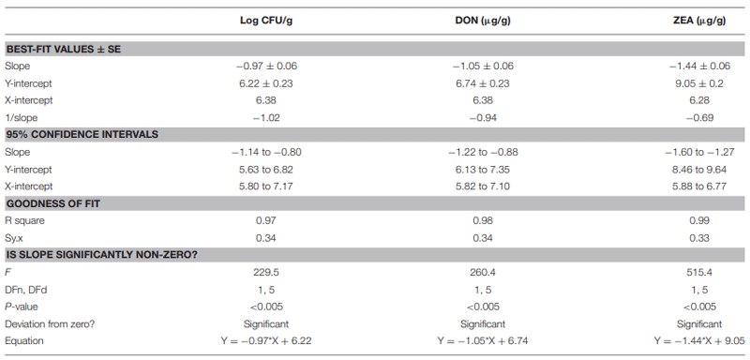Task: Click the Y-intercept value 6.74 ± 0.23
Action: tap(483, 83)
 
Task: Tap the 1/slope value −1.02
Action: tap(263, 117)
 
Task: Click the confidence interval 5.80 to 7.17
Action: tap(263, 186)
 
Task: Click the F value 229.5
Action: tap(263, 273)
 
